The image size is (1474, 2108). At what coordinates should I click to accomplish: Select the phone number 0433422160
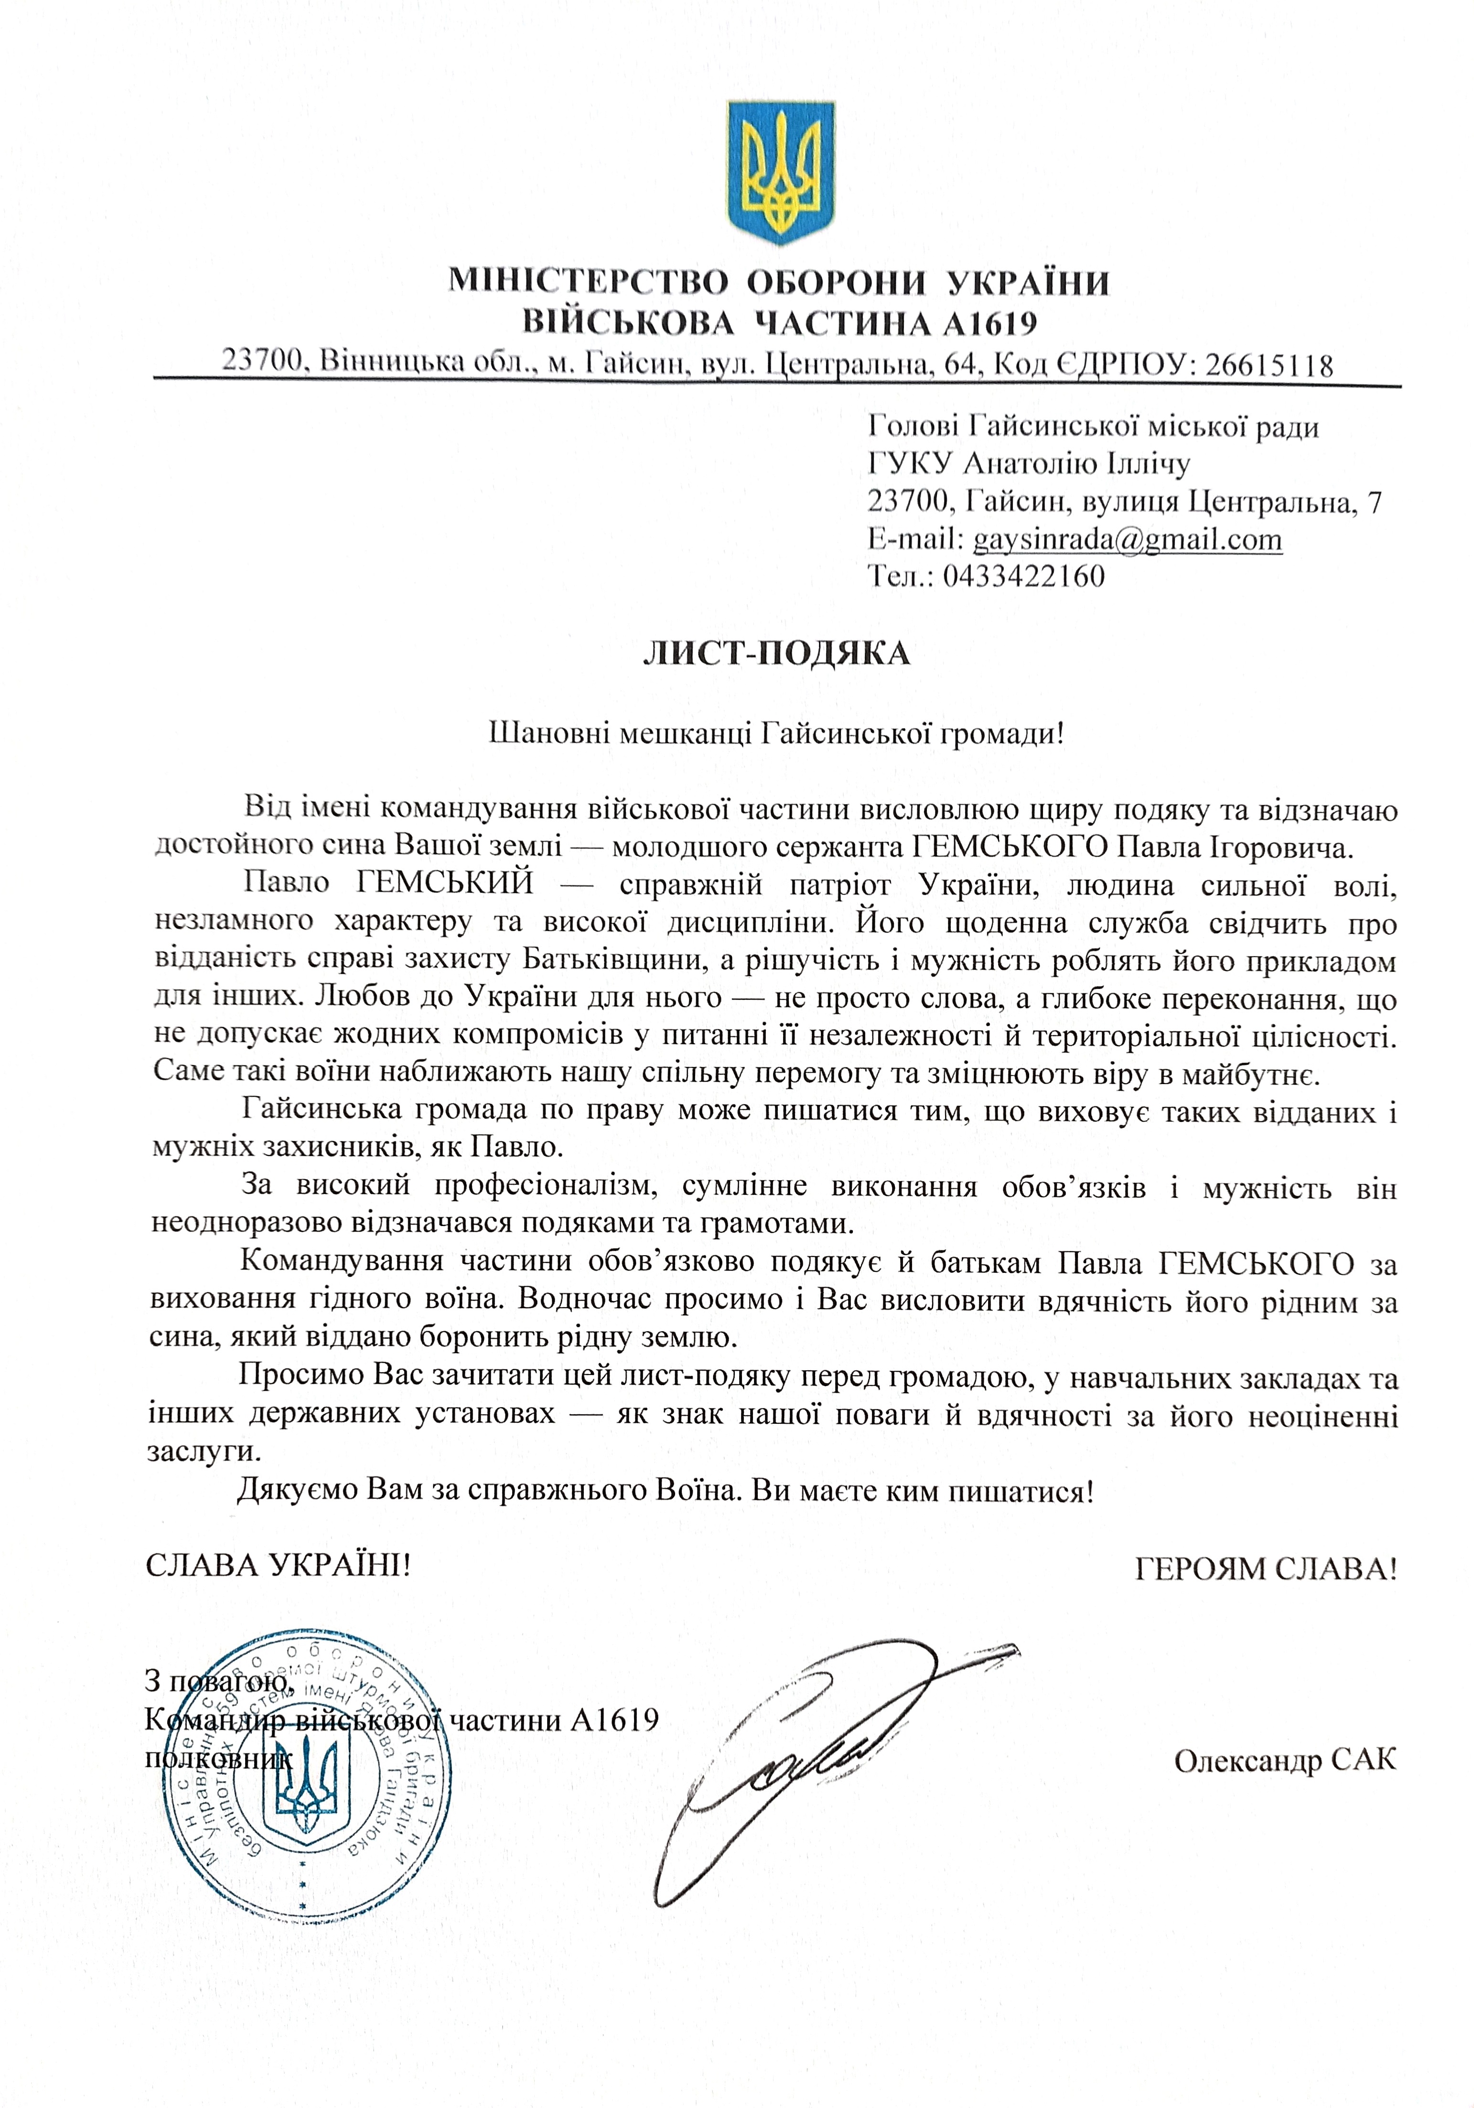(x=1023, y=576)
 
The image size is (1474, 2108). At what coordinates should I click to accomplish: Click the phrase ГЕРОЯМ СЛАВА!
(x=1266, y=1569)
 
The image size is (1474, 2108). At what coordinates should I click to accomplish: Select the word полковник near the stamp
(x=218, y=1759)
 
